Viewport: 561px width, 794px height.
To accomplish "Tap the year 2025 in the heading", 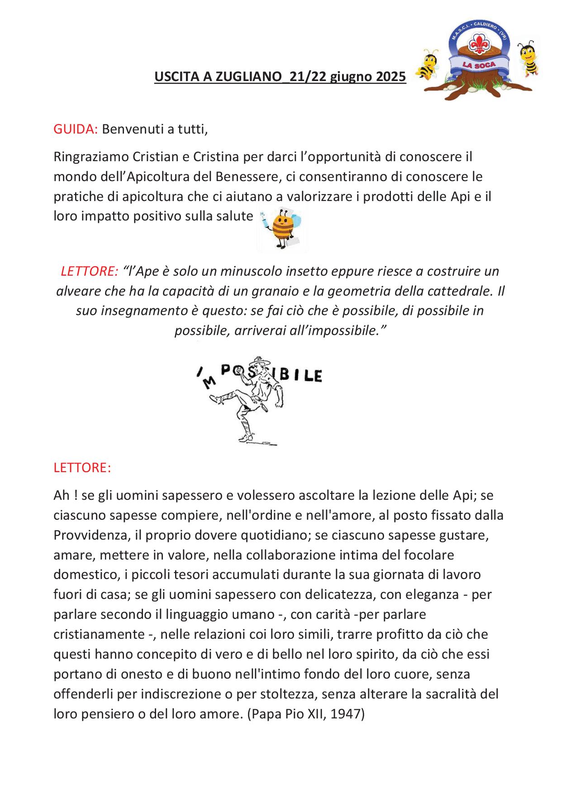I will tap(391, 77).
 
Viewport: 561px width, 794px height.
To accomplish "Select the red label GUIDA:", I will tap(76, 129).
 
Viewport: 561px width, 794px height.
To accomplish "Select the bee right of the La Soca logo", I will tap(528, 58).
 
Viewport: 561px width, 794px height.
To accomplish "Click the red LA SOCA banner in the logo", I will tap(479, 65).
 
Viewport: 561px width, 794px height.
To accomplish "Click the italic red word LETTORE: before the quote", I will tap(89, 271).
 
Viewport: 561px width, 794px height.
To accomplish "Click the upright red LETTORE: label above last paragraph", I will tap(82, 468).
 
